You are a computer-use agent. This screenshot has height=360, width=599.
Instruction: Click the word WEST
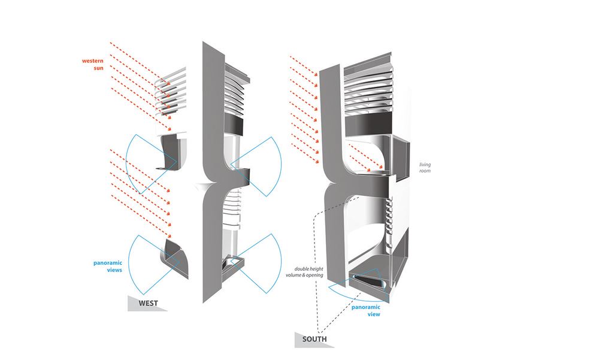[148, 304]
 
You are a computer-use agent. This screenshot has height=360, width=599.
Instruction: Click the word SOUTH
[314, 339]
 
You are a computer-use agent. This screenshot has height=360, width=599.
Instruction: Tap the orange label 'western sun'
[93, 64]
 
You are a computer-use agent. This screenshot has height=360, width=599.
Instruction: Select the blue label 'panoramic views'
[108, 267]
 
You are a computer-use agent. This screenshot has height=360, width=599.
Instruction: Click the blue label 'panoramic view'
[366, 311]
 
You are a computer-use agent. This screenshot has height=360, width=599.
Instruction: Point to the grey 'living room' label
[425, 167]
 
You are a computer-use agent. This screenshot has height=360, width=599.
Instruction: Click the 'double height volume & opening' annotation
[304, 272]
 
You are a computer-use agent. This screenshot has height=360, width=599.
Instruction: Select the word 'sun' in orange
[99, 68]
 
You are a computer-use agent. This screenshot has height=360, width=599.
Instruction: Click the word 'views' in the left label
[114, 270]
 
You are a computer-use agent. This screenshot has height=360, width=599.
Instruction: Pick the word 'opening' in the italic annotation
[315, 275]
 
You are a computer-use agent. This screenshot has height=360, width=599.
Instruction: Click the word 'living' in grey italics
[425, 165]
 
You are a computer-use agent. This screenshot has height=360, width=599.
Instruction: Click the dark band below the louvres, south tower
[368, 124]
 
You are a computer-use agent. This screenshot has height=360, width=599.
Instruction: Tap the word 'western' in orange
[93, 60]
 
